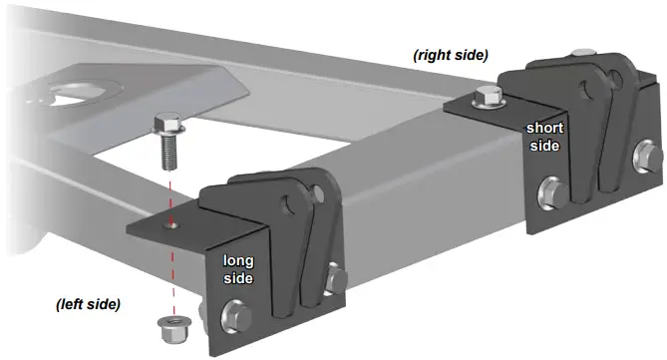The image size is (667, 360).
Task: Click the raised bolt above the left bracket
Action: point(166,140)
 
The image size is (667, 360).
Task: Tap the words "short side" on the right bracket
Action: point(545,137)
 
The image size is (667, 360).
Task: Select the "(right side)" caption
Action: point(451,57)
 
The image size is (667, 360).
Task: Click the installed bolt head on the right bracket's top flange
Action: point(489,98)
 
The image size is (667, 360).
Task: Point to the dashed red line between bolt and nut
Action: point(171,269)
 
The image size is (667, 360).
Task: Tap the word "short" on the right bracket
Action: point(545,128)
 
